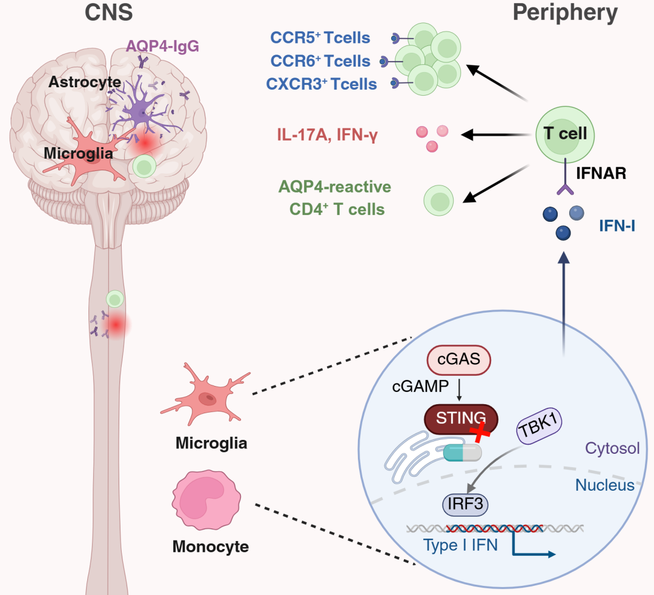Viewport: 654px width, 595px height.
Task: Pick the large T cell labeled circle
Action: coord(564,133)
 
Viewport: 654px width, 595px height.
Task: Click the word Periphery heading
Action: coord(566,13)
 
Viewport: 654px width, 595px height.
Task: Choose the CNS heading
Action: coord(109,13)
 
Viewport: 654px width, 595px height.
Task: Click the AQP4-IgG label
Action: coord(155,45)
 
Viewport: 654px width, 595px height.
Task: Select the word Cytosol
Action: coord(612,449)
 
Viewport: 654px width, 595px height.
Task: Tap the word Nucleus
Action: coord(604,485)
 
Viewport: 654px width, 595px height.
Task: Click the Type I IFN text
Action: coord(461,545)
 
